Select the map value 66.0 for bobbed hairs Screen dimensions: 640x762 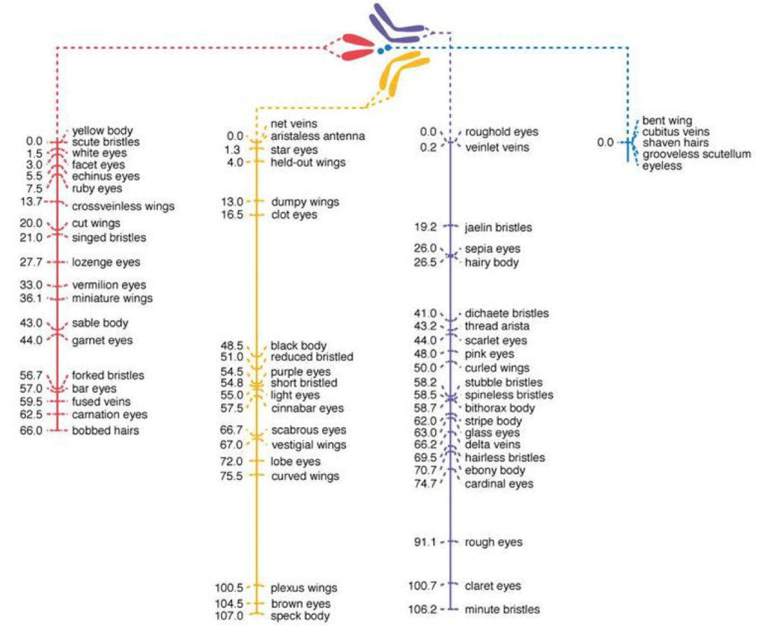[x=31, y=431]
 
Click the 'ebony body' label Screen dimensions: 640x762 [x=495, y=470]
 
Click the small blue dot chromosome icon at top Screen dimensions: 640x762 [x=380, y=50]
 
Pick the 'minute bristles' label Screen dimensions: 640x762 [x=502, y=609]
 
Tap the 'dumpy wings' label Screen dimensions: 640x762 [x=304, y=202]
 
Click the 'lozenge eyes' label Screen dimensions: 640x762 [x=106, y=262]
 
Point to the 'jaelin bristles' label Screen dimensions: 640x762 [x=498, y=227]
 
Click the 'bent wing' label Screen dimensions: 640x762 [x=667, y=121]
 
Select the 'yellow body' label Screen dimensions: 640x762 [x=102, y=131]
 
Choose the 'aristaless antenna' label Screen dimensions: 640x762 [x=318, y=136]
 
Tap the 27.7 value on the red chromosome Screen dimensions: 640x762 [x=31, y=262]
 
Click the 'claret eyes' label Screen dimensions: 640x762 [x=493, y=586]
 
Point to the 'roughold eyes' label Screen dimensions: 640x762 [x=501, y=132]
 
